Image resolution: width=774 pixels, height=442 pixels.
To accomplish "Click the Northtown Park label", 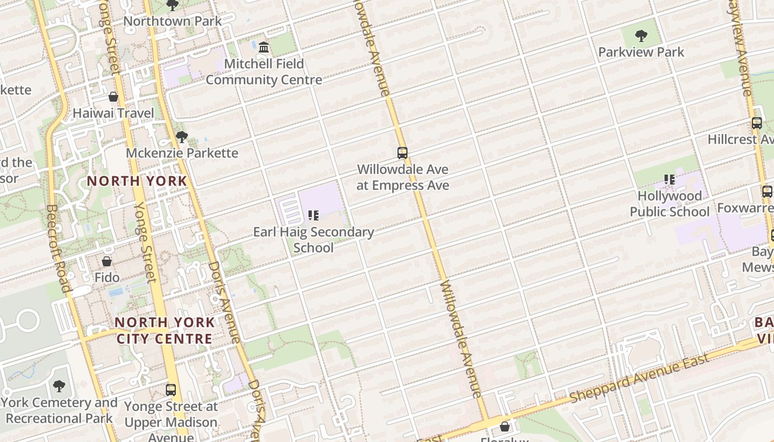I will [172, 21].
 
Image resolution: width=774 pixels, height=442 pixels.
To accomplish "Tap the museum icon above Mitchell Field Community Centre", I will [264, 48].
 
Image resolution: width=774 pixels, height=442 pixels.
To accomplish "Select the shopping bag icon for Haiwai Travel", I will [113, 97].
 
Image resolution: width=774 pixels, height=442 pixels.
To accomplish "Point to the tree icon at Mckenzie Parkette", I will [181, 137].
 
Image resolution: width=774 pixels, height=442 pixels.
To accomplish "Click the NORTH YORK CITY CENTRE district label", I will [164, 330].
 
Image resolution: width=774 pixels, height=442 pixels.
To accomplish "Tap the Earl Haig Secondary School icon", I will [313, 215].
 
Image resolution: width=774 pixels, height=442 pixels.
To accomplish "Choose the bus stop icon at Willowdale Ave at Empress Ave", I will [402, 153].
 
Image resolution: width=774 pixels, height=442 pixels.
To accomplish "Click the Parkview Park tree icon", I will [641, 36].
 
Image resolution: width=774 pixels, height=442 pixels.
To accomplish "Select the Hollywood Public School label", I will [670, 204].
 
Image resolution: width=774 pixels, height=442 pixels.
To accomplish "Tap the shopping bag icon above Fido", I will [107, 261].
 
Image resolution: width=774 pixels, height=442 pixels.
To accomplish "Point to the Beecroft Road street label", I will [59, 249].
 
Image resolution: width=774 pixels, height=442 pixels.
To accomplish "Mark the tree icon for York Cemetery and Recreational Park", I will [59, 386].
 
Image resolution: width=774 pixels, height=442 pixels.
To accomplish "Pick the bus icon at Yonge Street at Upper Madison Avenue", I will [171, 390].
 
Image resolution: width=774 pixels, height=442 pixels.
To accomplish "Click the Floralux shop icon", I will [504, 427].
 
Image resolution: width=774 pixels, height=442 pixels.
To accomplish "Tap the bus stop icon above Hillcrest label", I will [757, 123].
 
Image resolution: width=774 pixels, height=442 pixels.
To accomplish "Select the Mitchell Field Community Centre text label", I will [264, 72].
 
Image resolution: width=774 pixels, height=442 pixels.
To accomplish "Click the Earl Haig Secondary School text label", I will [313, 240].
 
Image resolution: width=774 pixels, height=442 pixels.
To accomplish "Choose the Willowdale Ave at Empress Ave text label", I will [402, 177].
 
